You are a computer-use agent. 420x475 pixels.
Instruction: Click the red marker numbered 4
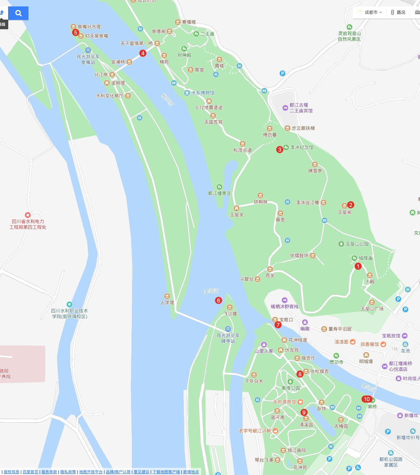point(143,53)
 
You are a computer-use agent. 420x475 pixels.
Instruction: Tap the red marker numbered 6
point(219,301)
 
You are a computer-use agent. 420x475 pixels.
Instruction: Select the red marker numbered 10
point(367,399)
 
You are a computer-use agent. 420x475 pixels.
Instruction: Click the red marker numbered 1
point(358,266)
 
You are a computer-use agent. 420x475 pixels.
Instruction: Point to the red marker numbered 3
point(280,150)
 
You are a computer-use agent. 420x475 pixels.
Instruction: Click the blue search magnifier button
point(19,14)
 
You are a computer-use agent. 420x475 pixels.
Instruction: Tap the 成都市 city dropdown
point(370,12)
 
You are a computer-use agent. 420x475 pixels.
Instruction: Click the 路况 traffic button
point(398,12)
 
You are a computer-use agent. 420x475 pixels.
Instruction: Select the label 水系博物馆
point(203,93)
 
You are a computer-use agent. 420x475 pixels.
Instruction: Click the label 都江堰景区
point(219,193)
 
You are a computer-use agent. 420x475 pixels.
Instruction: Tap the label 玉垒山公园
point(357,244)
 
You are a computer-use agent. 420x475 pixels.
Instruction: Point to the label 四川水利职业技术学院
point(69,313)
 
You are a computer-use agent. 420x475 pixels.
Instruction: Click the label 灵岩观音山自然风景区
point(349,36)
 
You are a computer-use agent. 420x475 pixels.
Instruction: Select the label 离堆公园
point(290,388)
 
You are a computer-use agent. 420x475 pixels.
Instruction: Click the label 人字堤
point(167,303)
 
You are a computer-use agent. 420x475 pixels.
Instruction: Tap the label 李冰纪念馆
point(302,147)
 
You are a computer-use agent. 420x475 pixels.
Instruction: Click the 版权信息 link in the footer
point(11,472)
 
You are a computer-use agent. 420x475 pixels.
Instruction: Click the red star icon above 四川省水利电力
point(28,215)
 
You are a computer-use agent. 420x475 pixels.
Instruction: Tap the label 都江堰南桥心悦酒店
point(400,366)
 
